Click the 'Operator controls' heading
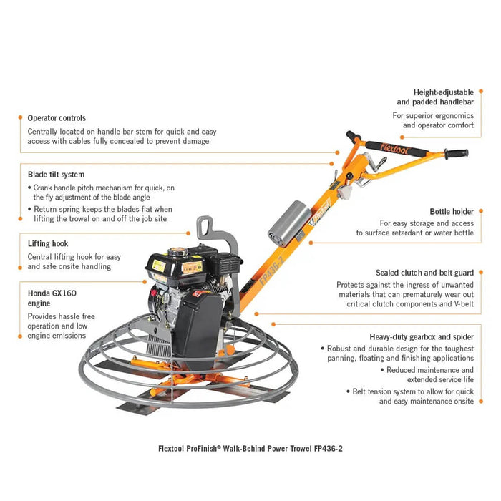[x=57, y=118]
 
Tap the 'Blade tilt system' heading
[x=57, y=175]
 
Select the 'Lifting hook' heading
[x=48, y=243]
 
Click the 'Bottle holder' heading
[x=452, y=212]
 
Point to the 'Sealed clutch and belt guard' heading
[x=424, y=273]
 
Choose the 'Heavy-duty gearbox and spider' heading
[x=422, y=337]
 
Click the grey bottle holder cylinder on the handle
[x=289, y=223]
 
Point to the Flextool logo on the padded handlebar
[x=394, y=149]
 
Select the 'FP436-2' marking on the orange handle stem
[x=271, y=271]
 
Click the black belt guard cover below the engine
[x=197, y=329]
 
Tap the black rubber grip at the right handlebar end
[x=457, y=154]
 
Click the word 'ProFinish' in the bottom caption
[x=201, y=449]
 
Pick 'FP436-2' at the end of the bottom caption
[x=328, y=449]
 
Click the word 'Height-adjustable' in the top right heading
[x=444, y=92]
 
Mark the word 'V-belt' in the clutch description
[x=464, y=304]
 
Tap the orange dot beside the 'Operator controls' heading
[x=21, y=117]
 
